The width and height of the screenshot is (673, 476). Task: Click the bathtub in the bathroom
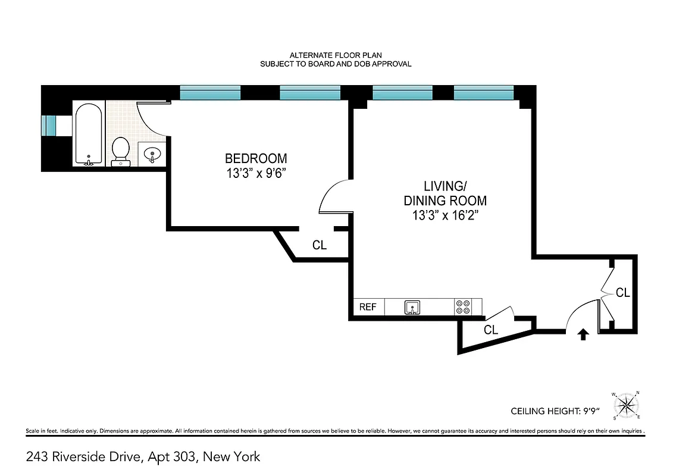(89, 134)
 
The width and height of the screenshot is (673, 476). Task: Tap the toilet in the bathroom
(121, 149)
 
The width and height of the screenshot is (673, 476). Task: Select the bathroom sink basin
(153, 155)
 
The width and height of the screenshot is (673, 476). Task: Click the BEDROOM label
(256, 159)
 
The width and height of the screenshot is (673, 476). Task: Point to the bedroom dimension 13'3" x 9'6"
(256, 174)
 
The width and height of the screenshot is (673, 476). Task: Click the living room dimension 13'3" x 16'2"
(446, 215)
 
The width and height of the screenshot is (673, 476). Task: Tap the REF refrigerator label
(368, 307)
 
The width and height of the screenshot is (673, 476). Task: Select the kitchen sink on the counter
(412, 308)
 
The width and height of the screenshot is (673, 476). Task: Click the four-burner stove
(463, 307)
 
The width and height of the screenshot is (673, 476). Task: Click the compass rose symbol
(625, 406)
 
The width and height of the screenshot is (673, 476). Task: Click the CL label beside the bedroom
(320, 245)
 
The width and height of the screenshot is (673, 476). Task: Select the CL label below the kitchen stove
(491, 330)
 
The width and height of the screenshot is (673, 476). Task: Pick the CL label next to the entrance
(622, 293)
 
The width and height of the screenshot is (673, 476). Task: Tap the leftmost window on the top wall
(210, 92)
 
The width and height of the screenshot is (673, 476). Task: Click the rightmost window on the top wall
(483, 92)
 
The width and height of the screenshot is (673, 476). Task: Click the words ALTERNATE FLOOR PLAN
(336, 55)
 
